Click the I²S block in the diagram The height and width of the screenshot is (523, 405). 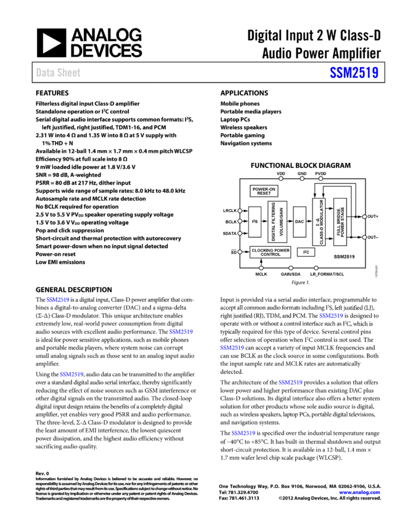click(255, 222)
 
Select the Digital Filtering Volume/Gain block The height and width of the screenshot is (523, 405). click(277, 222)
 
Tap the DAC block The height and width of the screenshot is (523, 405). click(300, 222)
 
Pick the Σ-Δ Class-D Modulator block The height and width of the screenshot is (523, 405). click(319, 222)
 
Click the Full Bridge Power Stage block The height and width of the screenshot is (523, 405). click(340, 222)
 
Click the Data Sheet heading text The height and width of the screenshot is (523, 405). click(58, 73)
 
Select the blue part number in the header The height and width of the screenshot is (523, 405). click(354, 73)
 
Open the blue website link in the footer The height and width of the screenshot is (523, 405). click(359, 492)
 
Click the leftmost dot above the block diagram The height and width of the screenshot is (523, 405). click(281, 178)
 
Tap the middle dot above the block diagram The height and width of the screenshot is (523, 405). click(302, 178)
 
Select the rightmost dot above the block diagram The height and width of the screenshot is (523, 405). click(321, 178)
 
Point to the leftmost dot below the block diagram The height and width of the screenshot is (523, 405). click(261, 268)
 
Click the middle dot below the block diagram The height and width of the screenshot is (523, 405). click(291, 268)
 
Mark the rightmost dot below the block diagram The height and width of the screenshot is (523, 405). click(316, 268)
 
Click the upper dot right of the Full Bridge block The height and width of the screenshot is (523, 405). click(364, 217)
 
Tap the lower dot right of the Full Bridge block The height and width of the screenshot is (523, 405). click(364, 237)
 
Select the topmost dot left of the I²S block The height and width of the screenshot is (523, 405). click(240, 211)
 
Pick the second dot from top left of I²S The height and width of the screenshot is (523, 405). click(240, 221)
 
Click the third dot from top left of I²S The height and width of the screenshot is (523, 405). click(240, 233)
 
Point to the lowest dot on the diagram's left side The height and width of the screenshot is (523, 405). click(240, 252)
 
